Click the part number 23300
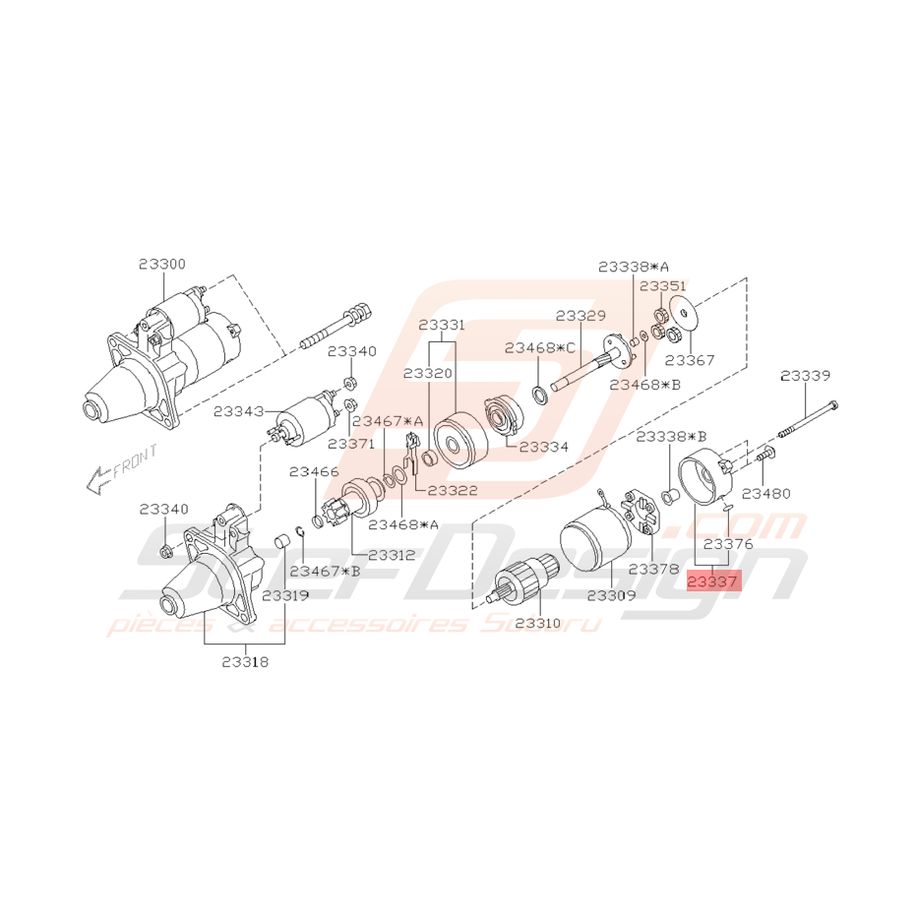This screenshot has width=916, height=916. coord(161,265)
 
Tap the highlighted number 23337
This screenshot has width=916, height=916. coord(710,580)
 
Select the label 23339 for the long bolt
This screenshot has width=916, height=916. coord(805,375)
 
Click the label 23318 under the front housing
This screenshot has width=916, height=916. coord(244,662)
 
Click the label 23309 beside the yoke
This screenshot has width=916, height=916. coord(611,595)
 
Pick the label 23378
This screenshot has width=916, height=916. coord(652,569)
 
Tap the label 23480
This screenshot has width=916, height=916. coord(764,493)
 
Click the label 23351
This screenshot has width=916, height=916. coord(663,285)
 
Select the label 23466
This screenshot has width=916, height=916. coord(314,472)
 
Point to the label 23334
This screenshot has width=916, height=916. coord(544,446)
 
